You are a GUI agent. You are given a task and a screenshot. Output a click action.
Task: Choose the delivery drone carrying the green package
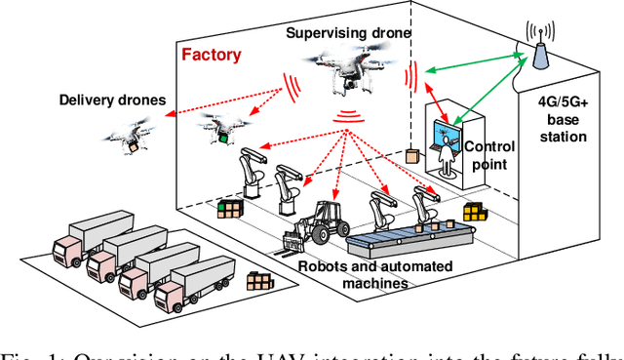click(216, 128)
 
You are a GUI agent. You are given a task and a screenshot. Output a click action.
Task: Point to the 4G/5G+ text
click(563, 102)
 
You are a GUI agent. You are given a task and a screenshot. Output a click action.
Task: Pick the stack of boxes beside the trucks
click(259, 283)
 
